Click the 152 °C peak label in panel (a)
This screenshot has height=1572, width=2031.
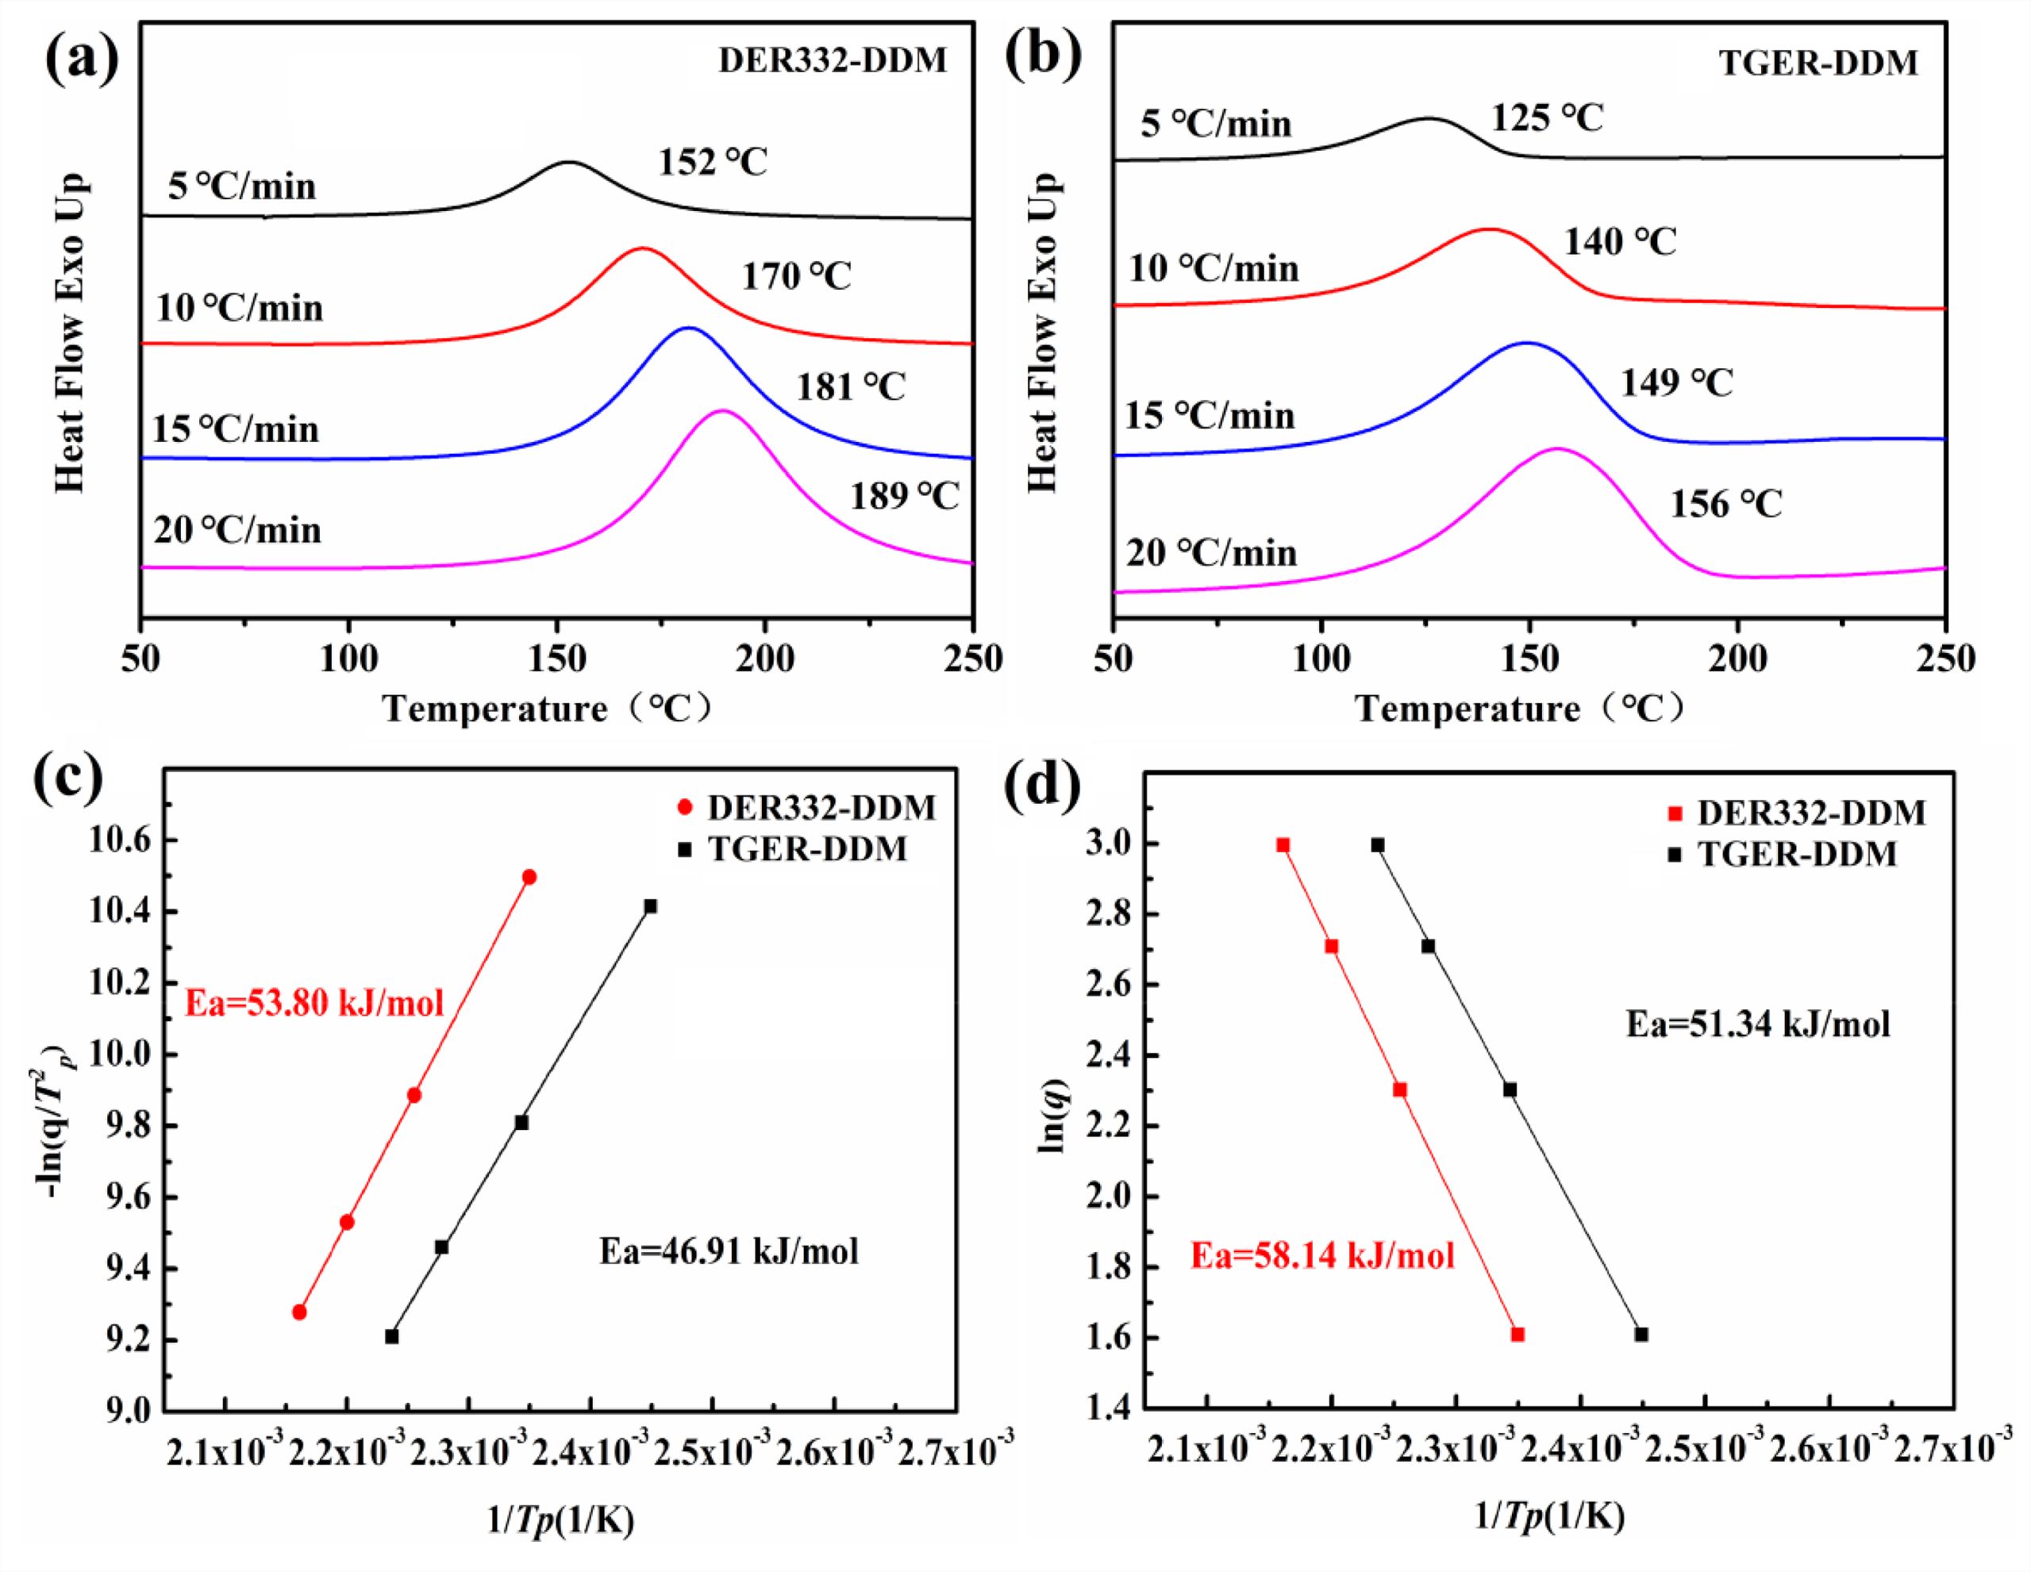(x=714, y=163)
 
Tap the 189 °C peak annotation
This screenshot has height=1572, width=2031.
(x=904, y=497)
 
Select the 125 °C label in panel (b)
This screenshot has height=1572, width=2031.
(x=1548, y=119)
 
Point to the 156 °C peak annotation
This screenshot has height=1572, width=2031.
(x=1726, y=504)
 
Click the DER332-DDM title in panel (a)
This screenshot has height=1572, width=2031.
(x=833, y=61)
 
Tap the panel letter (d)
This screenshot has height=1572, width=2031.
(x=1044, y=782)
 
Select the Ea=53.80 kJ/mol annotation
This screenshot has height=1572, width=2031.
(x=314, y=1004)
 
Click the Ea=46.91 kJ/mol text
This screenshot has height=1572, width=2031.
(x=728, y=1251)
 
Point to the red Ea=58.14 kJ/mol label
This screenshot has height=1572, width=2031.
(x=1322, y=1257)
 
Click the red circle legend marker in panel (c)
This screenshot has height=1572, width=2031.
(x=686, y=807)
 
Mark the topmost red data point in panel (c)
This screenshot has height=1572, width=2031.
(x=529, y=877)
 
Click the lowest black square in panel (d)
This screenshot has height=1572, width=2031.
(x=1641, y=1334)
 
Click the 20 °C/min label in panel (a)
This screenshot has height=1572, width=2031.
(x=237, y=530)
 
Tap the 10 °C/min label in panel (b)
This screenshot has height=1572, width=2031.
(x=1213, y=269)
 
